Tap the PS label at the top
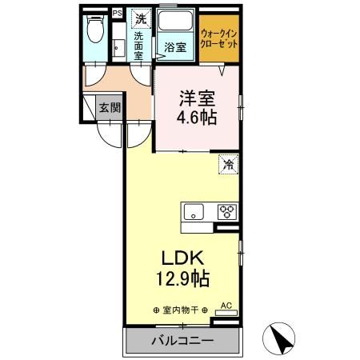117,14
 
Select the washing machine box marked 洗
141,18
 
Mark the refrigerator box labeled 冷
228,165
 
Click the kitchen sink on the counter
195,212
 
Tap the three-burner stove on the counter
226,212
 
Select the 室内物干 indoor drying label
180,310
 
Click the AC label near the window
225,306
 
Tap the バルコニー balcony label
181,342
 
